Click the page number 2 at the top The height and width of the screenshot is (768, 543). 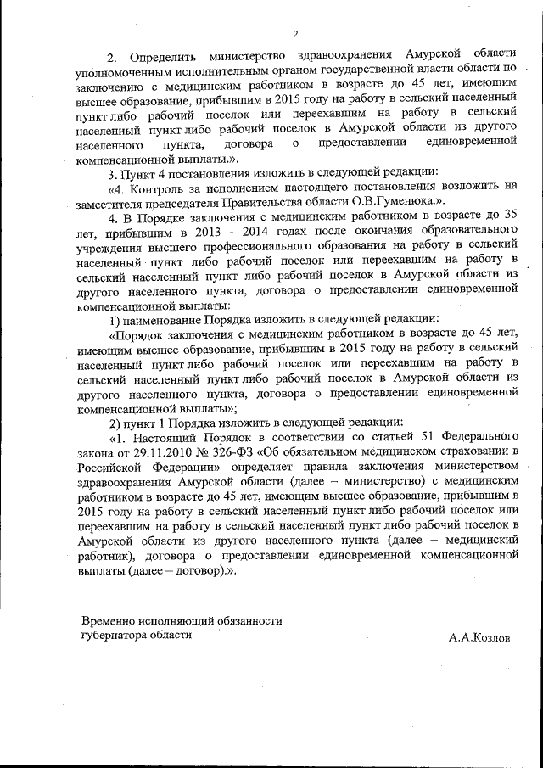pos(294,34)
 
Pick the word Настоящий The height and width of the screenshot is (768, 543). pos(170,437)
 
